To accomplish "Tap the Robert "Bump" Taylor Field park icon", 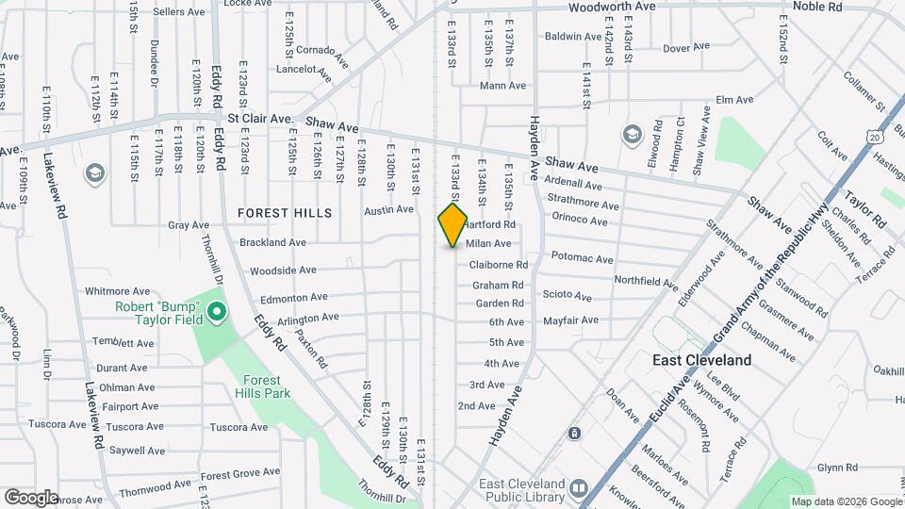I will [216, 311].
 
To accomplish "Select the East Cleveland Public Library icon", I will [578, 489].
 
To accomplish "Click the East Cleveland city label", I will [702, 360].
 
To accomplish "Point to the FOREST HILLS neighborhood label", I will [285, 213].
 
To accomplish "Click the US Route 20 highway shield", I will [876, 138].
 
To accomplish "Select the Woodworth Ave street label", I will [612, 7].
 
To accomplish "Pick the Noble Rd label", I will [816, 7].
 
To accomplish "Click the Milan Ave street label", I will [488, 244].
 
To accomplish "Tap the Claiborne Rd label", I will [499, 265].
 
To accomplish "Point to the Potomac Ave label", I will [582, 258].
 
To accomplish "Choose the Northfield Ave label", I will [646, 281].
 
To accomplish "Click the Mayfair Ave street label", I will [570, 320].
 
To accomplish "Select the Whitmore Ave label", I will [118, 292].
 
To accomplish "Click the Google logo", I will [31, 497].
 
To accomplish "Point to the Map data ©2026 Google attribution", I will [846, 501].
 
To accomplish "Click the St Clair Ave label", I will [261, 120].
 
